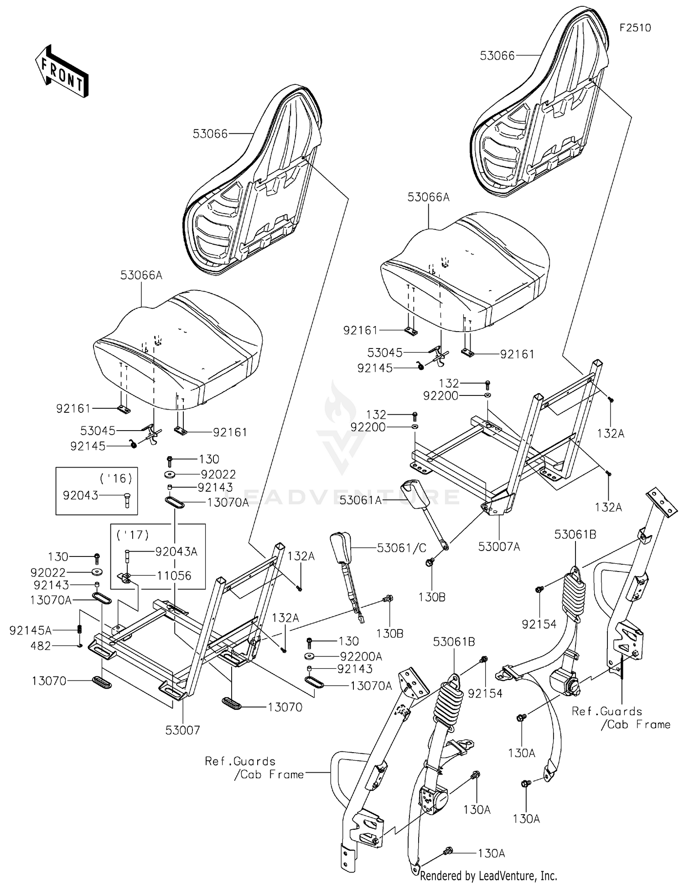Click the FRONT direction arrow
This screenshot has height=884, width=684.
point(62,71)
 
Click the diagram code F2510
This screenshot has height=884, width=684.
point(635,28)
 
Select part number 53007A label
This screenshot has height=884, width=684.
point(499,546)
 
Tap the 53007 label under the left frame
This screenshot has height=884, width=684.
point(182,730)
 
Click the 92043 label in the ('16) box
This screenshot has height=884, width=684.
point(80,495)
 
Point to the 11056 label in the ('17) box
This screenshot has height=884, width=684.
point(174,576)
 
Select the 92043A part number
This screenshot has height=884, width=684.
point(176,551)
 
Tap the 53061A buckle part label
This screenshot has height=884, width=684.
point(360,500)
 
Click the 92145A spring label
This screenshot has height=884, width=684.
point(30,630)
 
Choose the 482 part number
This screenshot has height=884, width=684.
point(41,645)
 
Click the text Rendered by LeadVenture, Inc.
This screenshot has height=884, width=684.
point(488,875)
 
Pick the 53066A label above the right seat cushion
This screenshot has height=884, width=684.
point(428,197)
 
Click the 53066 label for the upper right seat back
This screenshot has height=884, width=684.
point(497,56)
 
